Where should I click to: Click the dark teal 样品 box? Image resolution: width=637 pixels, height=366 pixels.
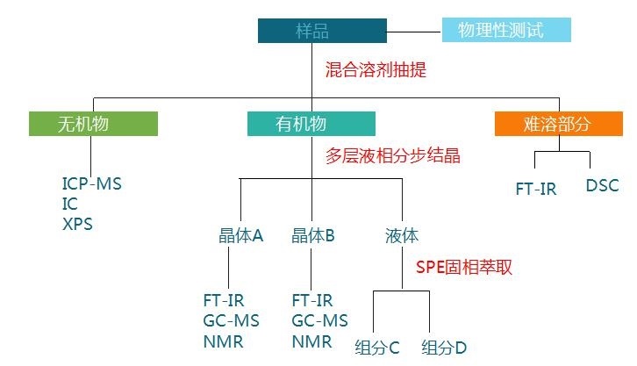coord(322,31)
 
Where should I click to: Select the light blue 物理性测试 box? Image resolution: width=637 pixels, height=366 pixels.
coord(505,31)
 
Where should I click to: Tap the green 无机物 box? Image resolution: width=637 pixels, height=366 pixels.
coord(93,124)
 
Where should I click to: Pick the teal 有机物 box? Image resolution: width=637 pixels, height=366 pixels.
coord(311,124)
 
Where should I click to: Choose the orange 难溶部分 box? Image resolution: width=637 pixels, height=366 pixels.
coord(554,124)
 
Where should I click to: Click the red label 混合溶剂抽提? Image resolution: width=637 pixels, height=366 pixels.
coord(376,70)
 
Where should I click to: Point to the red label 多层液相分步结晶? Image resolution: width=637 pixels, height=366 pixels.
coord(392,156)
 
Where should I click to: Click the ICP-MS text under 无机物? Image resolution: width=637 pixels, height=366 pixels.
coord(92,185)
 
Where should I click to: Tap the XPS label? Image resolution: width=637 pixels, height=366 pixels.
coord(77,224)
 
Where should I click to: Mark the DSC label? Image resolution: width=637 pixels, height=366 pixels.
coord(602,186)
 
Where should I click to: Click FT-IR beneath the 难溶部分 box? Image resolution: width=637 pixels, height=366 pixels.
coord(535,189)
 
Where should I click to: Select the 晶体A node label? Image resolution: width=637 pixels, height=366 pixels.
coord(240,235)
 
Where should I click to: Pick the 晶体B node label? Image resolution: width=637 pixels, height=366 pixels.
coord(313,235)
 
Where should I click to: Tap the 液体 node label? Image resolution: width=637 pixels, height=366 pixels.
coord(402,235)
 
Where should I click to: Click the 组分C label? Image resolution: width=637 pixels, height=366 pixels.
coord(377,347)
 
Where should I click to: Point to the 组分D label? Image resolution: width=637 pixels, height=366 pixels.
coord(444,347)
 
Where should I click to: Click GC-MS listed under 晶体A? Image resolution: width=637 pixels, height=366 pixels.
coord(230,320)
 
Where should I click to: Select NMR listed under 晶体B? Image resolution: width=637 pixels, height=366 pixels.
coord(312,341)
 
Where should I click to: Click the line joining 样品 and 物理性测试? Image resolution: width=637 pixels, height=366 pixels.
coord(414,31)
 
